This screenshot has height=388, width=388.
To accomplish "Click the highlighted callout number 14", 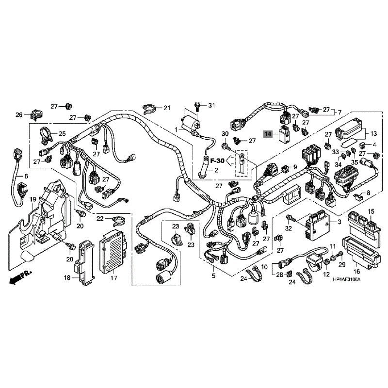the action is [268, 134].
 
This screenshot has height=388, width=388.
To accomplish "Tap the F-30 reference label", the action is [217, 161].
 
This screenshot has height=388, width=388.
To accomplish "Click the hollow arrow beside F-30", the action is [231, 161].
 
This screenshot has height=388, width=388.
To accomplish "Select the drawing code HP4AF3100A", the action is [346, 280].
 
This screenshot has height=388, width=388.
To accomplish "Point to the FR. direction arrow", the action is [20, 277].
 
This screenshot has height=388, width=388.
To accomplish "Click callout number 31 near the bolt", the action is [211, 106].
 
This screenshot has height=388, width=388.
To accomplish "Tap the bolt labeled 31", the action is [197, 106].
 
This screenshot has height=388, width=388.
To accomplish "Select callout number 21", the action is [167, 108].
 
